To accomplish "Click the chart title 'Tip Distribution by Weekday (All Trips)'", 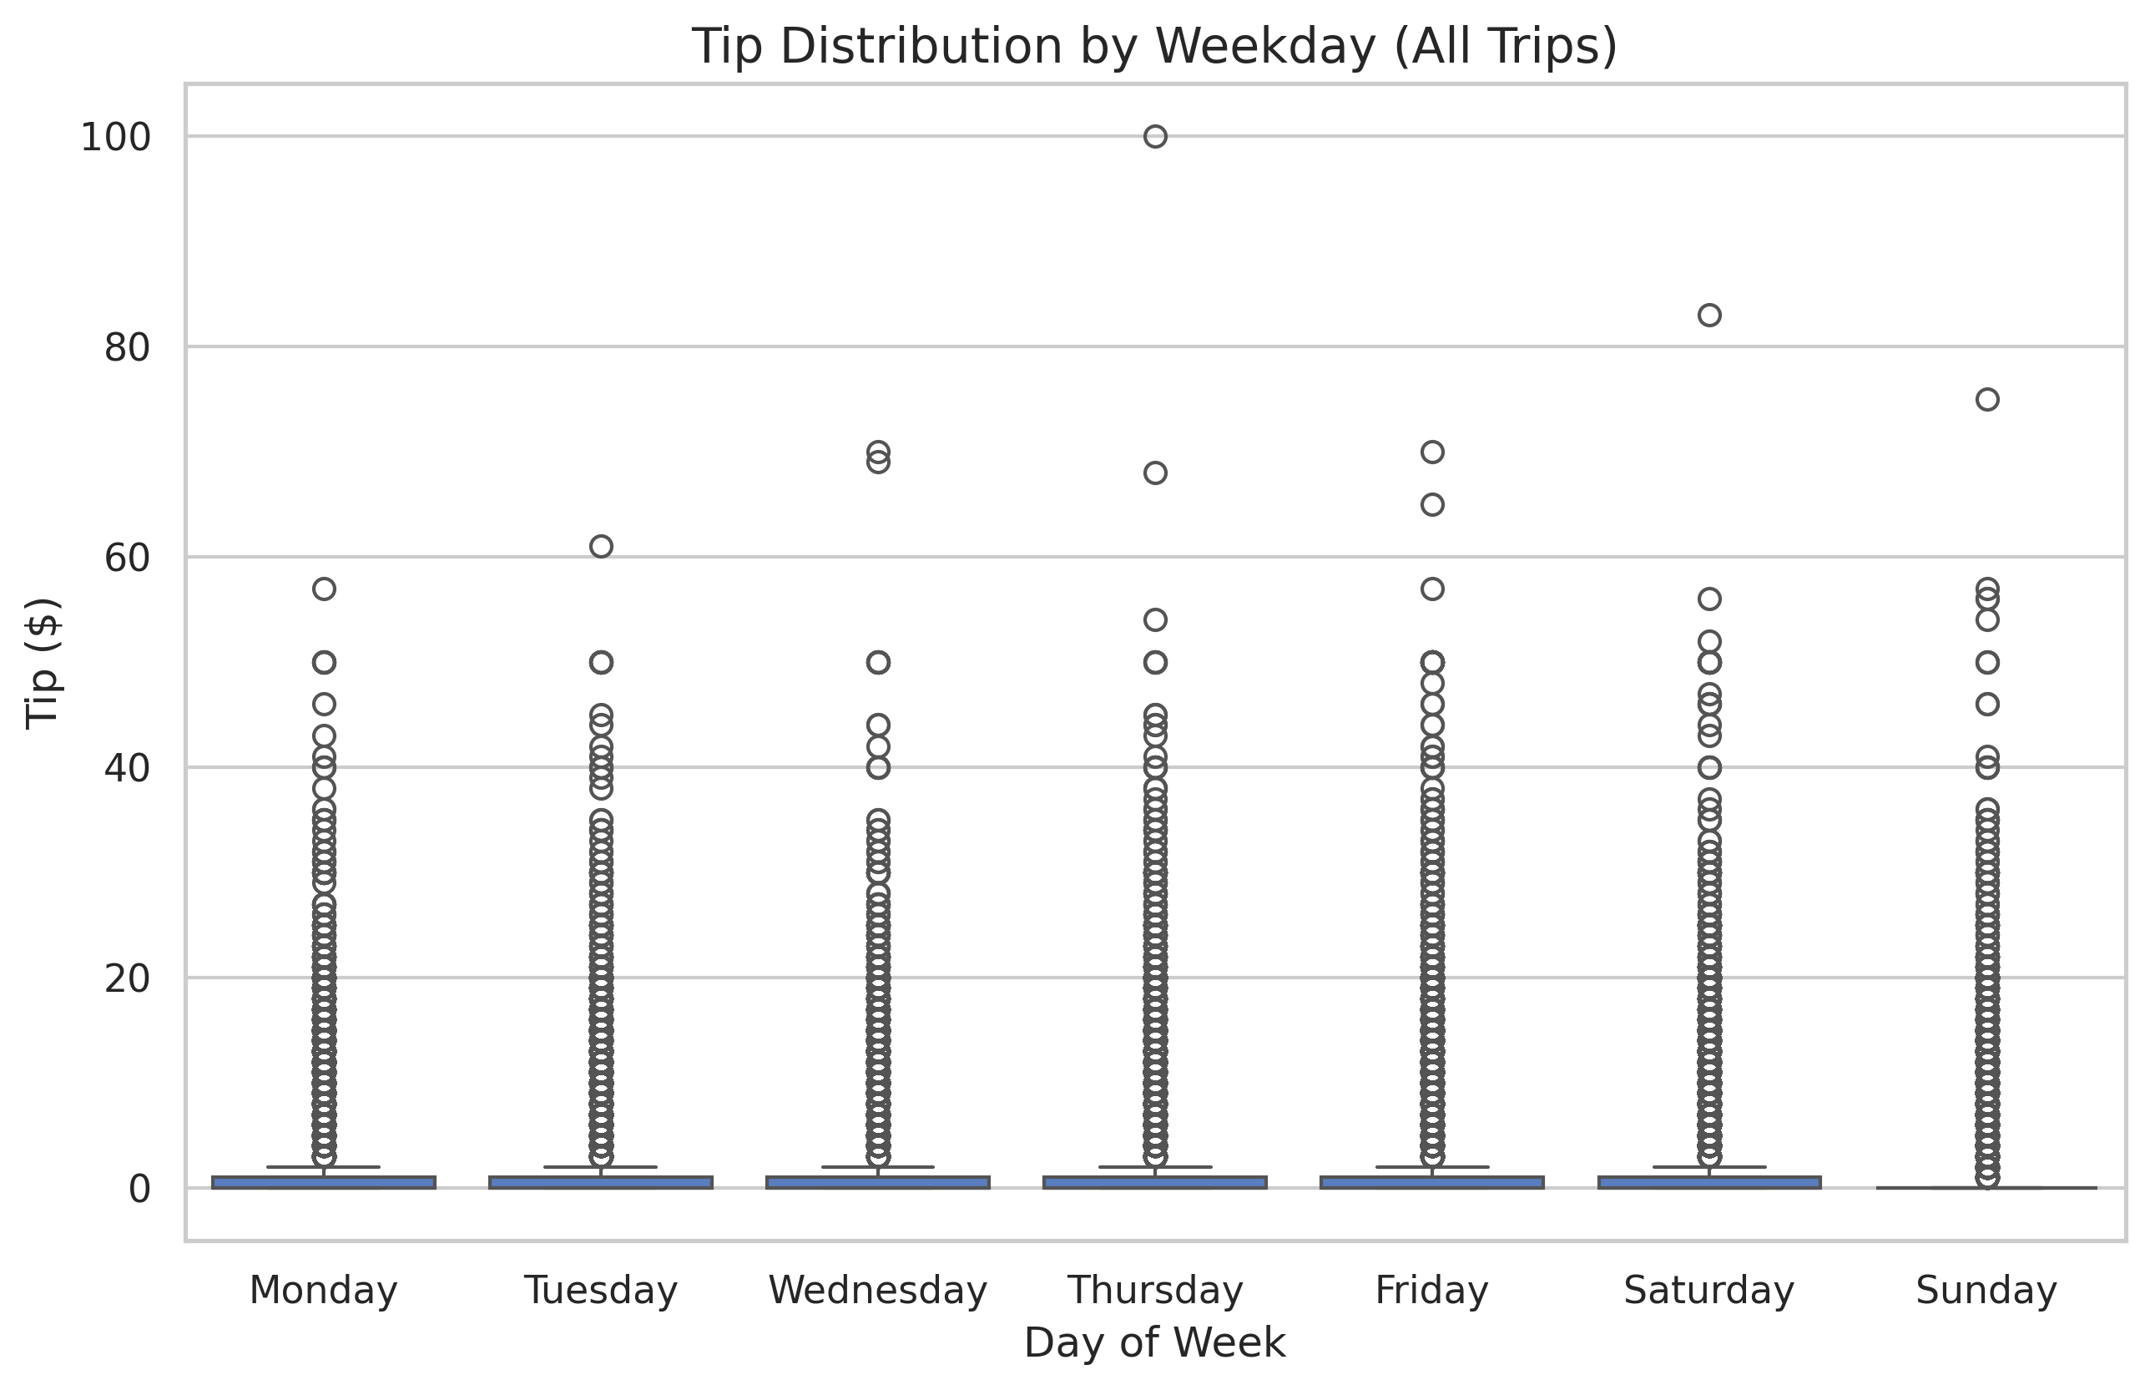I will tap(1154, 47).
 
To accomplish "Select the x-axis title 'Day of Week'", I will tap(1154, 1342).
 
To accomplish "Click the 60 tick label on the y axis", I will tap(127, 558).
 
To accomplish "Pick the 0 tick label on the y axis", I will tap(139, 1189).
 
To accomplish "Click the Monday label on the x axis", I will tap(323, 1290).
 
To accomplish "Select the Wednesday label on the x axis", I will tap(878, 1290).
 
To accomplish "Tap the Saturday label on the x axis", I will tap(1708, 1290).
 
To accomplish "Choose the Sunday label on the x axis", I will tap(1986, 1290).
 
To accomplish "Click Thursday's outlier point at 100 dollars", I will tap(1155, 137).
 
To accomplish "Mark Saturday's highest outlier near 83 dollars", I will tap(1708, 315).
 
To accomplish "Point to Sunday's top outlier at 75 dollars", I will tap(1986, 400).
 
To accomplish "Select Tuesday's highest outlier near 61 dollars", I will tap(601, 546).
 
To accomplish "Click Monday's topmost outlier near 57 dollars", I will tap(324, 589).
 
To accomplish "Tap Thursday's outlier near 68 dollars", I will tap(1155, 473).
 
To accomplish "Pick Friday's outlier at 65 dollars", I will tap(1432, 504).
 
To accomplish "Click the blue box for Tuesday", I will tap(601, 1181).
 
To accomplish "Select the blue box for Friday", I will tap(1432, 1181).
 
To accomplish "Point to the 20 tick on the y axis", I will tap(127, 978).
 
